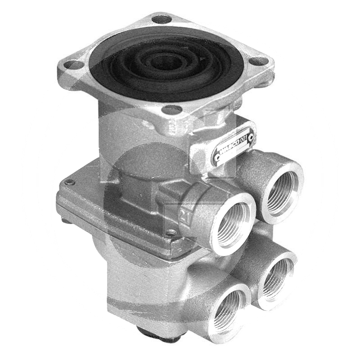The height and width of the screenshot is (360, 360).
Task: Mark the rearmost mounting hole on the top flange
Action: click(162, 19)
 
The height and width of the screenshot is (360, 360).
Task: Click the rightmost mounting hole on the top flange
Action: click(258, 61)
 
